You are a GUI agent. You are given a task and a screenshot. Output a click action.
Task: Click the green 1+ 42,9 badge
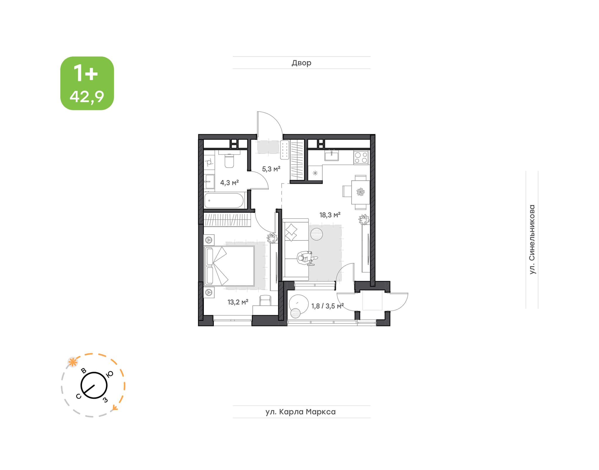coord(87,83)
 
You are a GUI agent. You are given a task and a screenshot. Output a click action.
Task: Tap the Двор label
coord(301,63)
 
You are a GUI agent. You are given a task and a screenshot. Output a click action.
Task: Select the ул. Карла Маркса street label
coord(301,412)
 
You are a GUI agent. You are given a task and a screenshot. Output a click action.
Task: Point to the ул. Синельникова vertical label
coord(532,239)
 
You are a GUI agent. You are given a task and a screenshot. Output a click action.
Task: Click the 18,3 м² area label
coord(330,215)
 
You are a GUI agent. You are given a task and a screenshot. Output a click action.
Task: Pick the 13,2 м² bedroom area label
coord(238,302)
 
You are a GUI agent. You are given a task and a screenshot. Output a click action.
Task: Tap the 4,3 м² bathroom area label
coord(230,183)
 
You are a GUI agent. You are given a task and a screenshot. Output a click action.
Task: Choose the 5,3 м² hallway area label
coord(271,169)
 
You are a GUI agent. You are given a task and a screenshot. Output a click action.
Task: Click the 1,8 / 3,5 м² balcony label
coord(327,306)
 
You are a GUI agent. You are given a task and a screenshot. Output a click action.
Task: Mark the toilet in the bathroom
coord(229,159)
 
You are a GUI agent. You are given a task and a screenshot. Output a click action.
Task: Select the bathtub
coord(224,200)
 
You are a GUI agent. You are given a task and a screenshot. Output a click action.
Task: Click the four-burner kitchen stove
coord(361,157)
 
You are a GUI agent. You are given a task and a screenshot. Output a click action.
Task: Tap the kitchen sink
coord(331,155)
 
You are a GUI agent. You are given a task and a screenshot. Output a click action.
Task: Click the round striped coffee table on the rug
coord(316,234)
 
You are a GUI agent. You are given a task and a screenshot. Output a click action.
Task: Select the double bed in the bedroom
coord(229,266)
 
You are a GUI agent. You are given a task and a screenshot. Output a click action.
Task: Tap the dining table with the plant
coord(360,192)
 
